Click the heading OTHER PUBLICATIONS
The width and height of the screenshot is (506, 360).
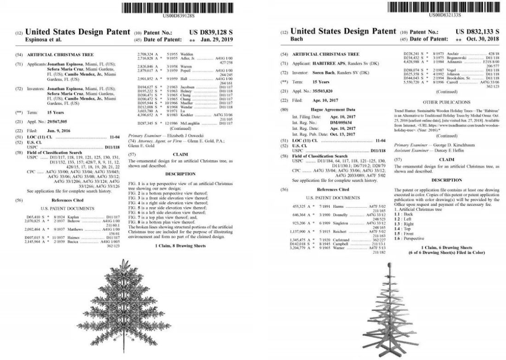[446, 102]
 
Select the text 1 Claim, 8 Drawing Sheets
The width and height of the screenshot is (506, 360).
[180, 245]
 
